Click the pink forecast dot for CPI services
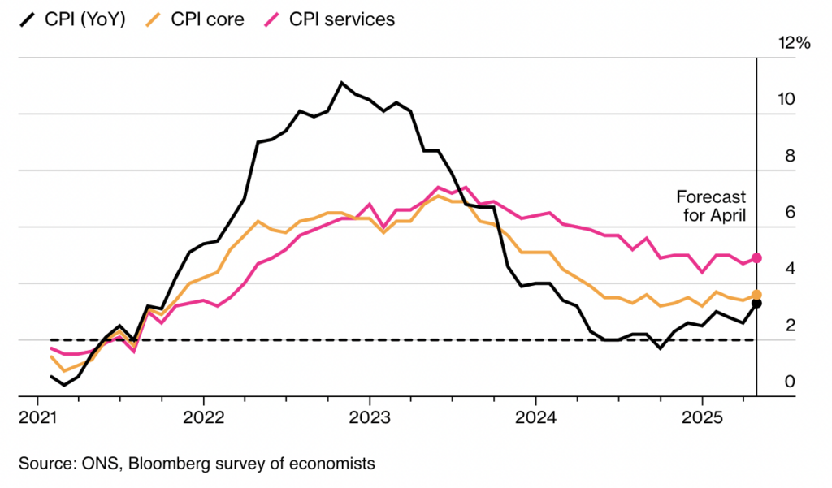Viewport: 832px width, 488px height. click(x=756, y=257)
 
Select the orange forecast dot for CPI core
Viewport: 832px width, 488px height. click(x=756, y=295)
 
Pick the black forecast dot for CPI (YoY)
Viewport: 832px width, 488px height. click(x=756, y=304)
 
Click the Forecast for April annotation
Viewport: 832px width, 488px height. click(x=710, y=206)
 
